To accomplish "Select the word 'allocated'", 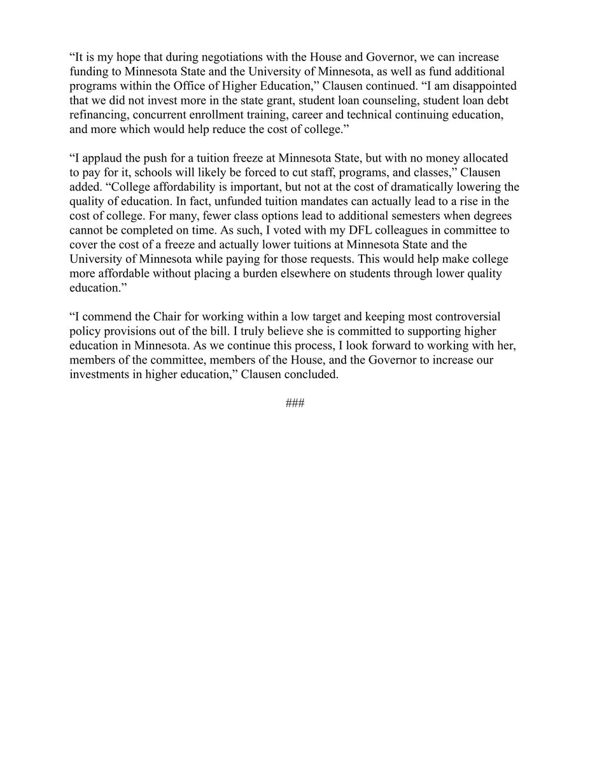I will click(x=485, y=157).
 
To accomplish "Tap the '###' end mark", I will click(x=295, y=404).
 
